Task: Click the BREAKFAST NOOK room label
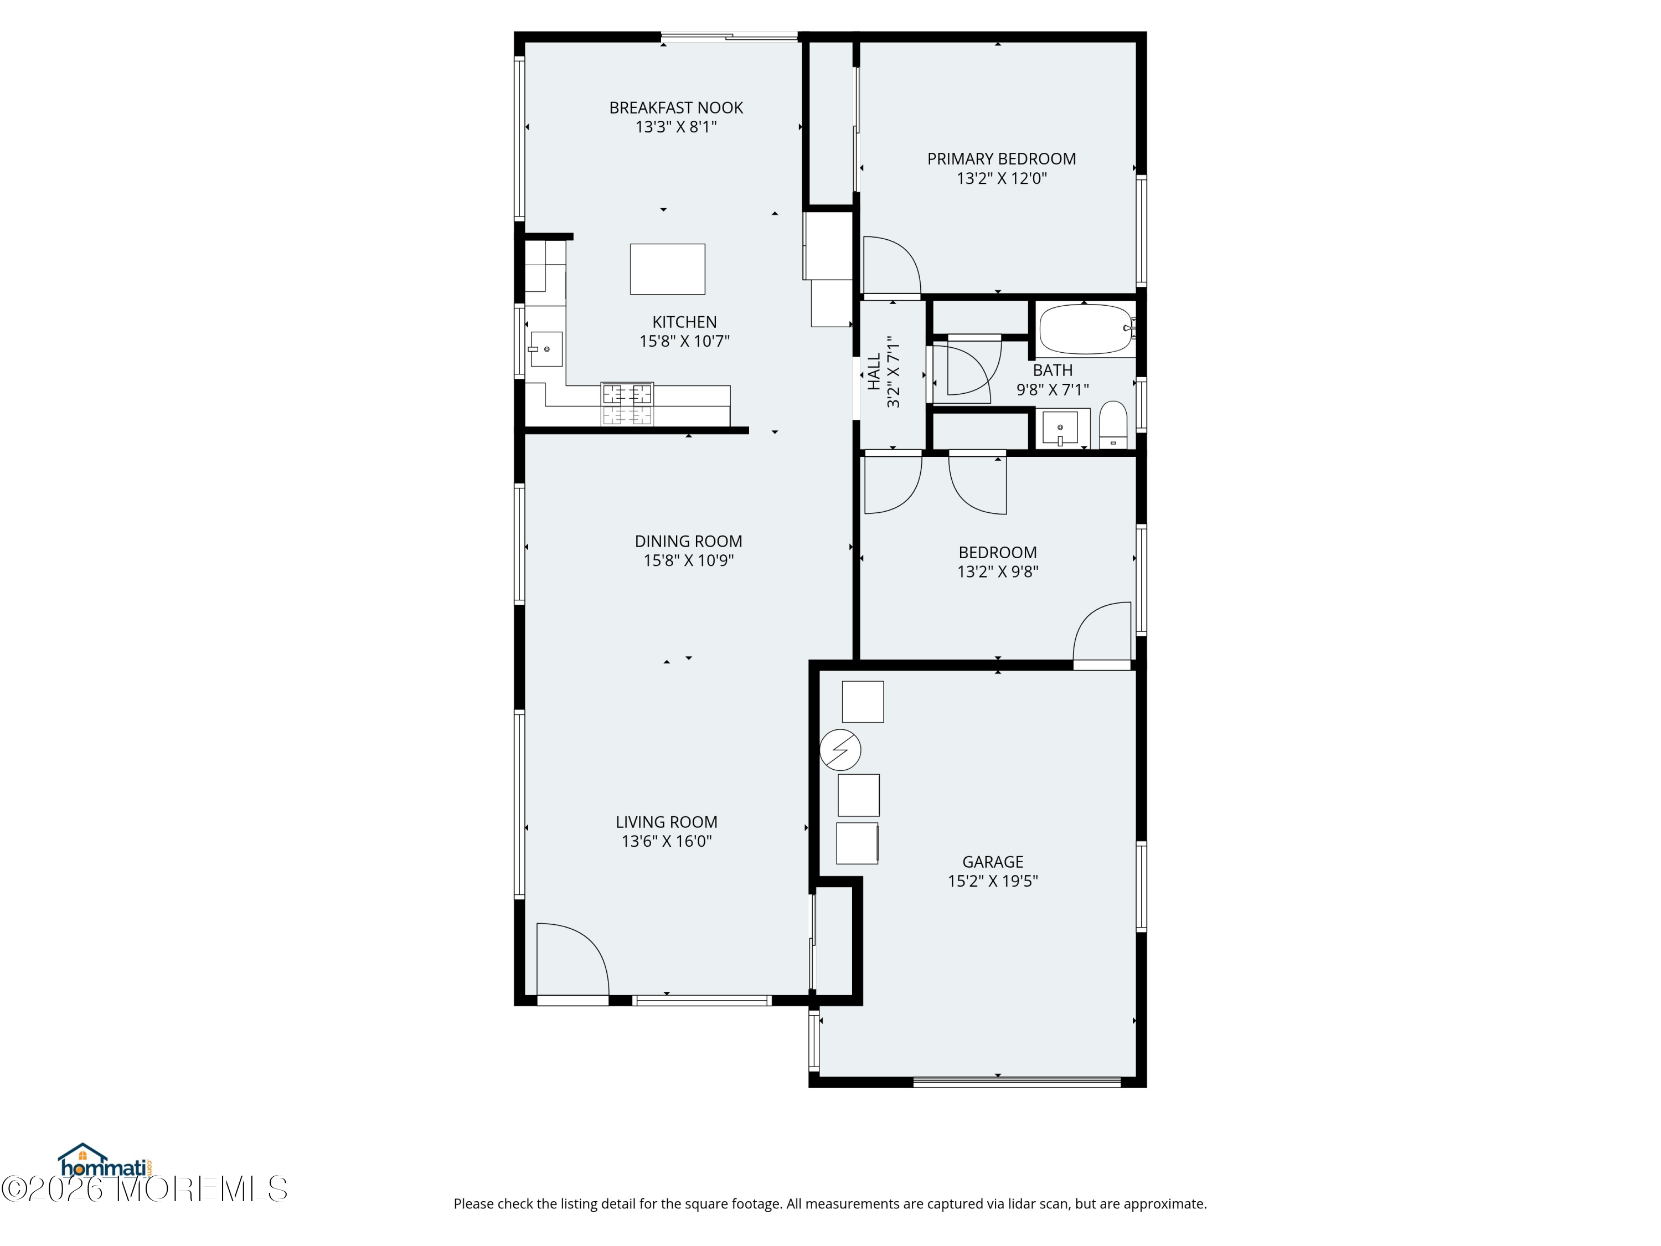pyautogui.click(x=676, y=108)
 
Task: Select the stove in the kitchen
pyautogui.click(x=627, y=404)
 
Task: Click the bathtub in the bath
pyautogui.click(x=1086, y=329)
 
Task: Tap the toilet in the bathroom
pyautogui.click(x=1113, y=425)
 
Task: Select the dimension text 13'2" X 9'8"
pyautogui.click(x=998, y=571)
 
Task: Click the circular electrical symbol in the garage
pyautogui.click(x=840, y=750)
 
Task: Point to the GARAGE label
pyautogui.click(x=993, y=862)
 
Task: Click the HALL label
pyautogui.click(x=874, y=372)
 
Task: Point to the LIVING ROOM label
pyautogui.click(x=667, y=822)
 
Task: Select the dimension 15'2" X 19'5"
pyautogui.click(x=993, y=881)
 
